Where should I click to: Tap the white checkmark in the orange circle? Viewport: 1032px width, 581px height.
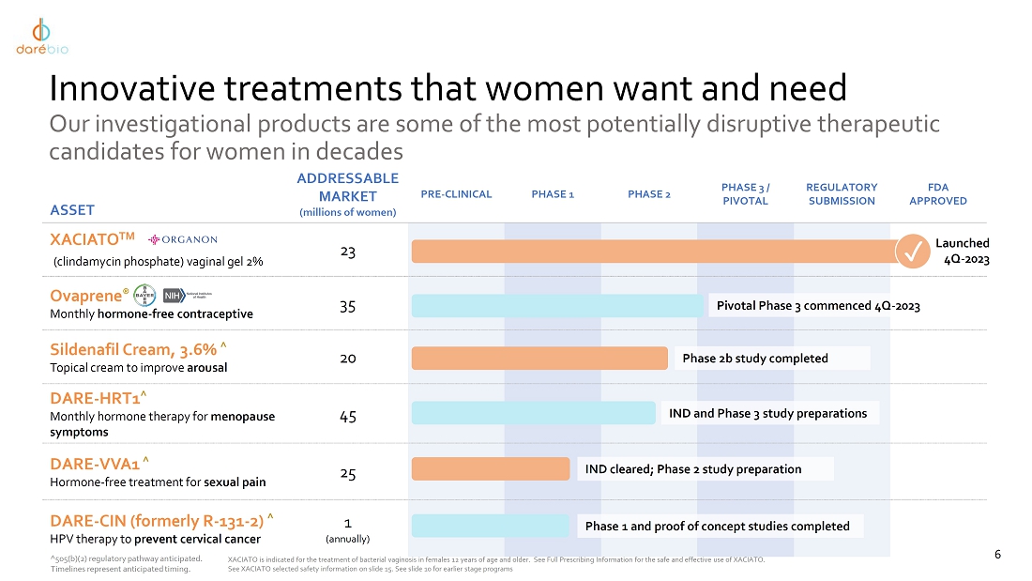coord(911,251)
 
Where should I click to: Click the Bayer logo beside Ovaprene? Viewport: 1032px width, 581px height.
coord(144,295)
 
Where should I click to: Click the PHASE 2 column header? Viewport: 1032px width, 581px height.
coord(648,194)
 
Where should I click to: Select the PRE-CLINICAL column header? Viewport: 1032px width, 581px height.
coord(456,194)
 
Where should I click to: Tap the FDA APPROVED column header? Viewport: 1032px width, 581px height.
coord(937,194)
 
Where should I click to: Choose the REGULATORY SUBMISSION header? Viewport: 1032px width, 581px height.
coord(842,194)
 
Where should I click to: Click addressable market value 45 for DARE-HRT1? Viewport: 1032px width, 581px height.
coord(347,417)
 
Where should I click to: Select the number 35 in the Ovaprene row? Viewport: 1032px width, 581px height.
coord(347,306)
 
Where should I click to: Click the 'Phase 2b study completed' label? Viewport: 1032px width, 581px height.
coord(755,358)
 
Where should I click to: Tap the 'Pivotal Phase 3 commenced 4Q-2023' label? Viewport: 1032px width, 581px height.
coord(818,305)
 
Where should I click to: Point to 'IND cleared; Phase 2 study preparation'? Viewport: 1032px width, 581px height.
coord(693,468)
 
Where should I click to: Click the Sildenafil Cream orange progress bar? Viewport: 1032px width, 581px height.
coord(539,358)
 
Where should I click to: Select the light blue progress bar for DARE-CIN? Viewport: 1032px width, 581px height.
coord(490,526)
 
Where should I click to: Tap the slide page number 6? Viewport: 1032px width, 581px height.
coord(997,555)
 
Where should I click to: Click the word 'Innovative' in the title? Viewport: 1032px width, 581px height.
coord(140,89)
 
